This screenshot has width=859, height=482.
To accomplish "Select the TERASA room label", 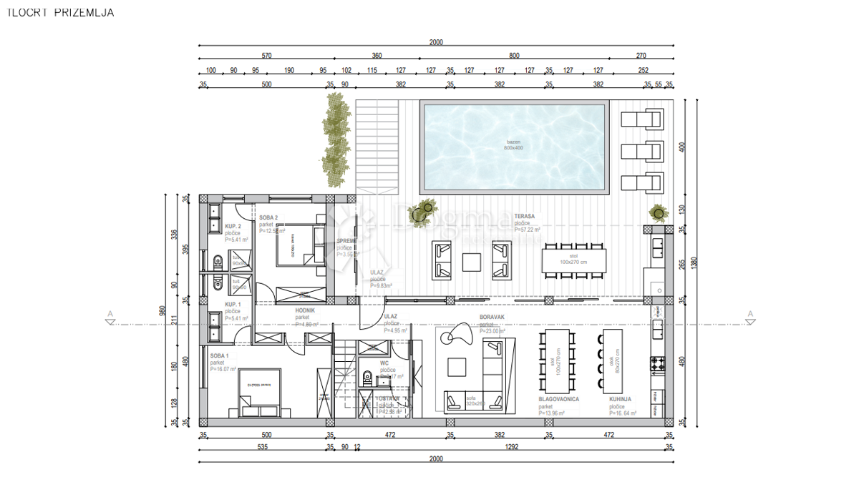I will (x=524, y=215).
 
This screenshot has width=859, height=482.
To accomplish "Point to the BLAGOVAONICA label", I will (x=558, y=399).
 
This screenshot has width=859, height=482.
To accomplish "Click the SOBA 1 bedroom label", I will (x=219, y=355).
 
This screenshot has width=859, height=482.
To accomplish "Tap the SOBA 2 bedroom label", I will (x=268, y=217).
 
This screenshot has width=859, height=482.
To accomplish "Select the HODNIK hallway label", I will (x=306, y=310).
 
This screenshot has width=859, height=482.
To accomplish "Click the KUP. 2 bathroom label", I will (x=233, y=226).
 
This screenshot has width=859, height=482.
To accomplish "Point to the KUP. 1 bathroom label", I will (x=233, y=305).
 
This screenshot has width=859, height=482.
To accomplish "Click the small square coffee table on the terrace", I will (x=472, y=262).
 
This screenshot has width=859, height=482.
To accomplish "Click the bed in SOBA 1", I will (x=259, y=393).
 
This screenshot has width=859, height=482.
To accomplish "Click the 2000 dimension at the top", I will (x=436, y=42).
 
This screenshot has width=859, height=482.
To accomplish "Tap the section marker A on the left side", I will (x=110, y=318).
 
